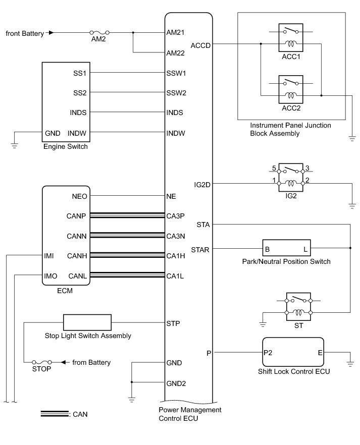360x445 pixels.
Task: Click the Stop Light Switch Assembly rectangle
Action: (x=87, y=322)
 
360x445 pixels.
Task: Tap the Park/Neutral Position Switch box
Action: (x=286, y=249)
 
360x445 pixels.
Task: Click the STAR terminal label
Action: (x=200, y=249)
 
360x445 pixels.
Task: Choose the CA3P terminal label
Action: (x=176, y=216)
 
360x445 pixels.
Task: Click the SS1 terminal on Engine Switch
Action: (x=80, y=73)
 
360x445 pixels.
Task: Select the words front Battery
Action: (x=25, y=33)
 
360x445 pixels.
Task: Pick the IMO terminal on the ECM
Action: (x=50, y=275)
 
